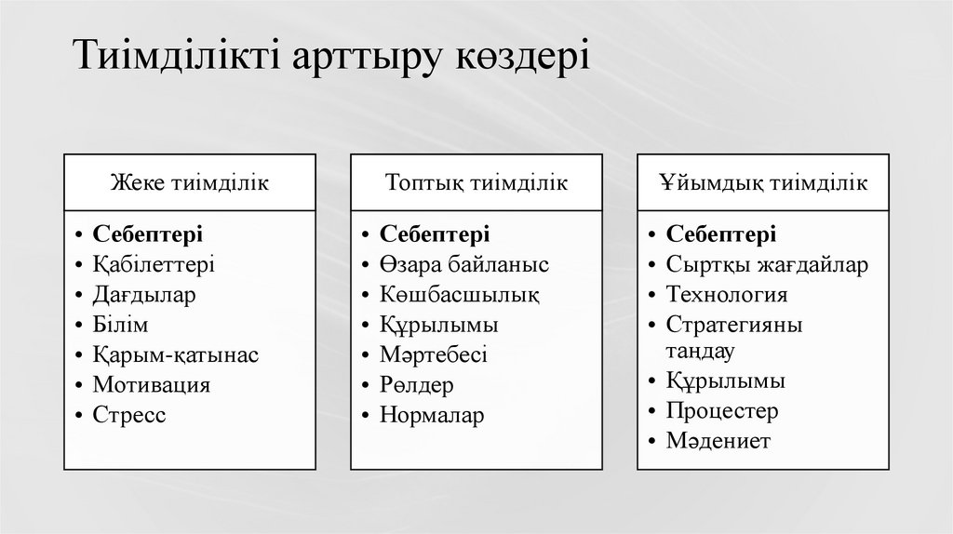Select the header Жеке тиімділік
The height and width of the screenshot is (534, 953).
click(x=191, y=181)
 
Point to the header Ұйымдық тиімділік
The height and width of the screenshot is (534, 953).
click(x=765, y=181)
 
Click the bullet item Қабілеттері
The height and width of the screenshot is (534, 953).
click(x=154, y=264)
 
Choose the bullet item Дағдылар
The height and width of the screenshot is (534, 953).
click(x=144, y=295)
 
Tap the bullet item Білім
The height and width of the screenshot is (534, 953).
click(x=121, y=325)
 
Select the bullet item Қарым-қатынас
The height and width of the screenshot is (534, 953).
click(x=175, y=354)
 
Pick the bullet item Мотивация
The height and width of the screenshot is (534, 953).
click(x=151, y=384)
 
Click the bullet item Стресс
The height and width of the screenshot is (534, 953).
click(x=129, y=415)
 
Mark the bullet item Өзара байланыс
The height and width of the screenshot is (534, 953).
click(x=463, y=264)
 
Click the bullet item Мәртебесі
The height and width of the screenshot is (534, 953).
click(x=433, y=354)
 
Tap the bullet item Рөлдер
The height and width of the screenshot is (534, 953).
click(x=416, y=384)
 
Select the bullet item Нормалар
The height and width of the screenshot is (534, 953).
click(x=432, y=415)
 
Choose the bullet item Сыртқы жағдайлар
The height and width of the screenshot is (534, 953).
click(x=767, y=264)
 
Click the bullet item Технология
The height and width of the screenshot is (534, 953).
click(x=727, y=295)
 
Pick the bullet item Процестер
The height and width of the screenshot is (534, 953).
click(x=722, y=410)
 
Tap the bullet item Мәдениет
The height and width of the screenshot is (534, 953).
click(x=718, y=441)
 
